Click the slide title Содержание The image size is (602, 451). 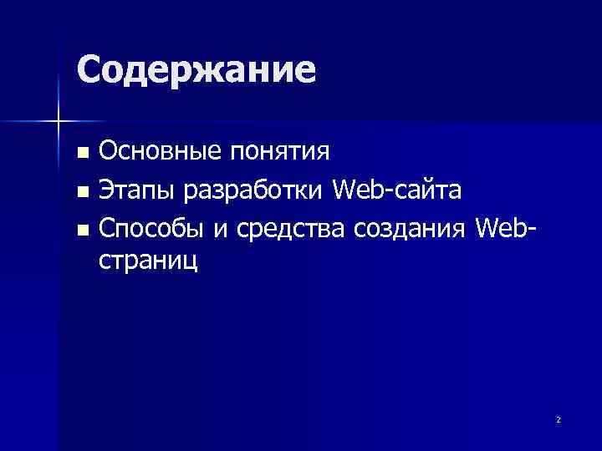pos(196,70)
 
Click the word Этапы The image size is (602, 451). pos(137,190)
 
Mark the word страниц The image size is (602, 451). pos(149,261)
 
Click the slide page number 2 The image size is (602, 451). pos(558,419)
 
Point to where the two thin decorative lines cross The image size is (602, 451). pos(58,121)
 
